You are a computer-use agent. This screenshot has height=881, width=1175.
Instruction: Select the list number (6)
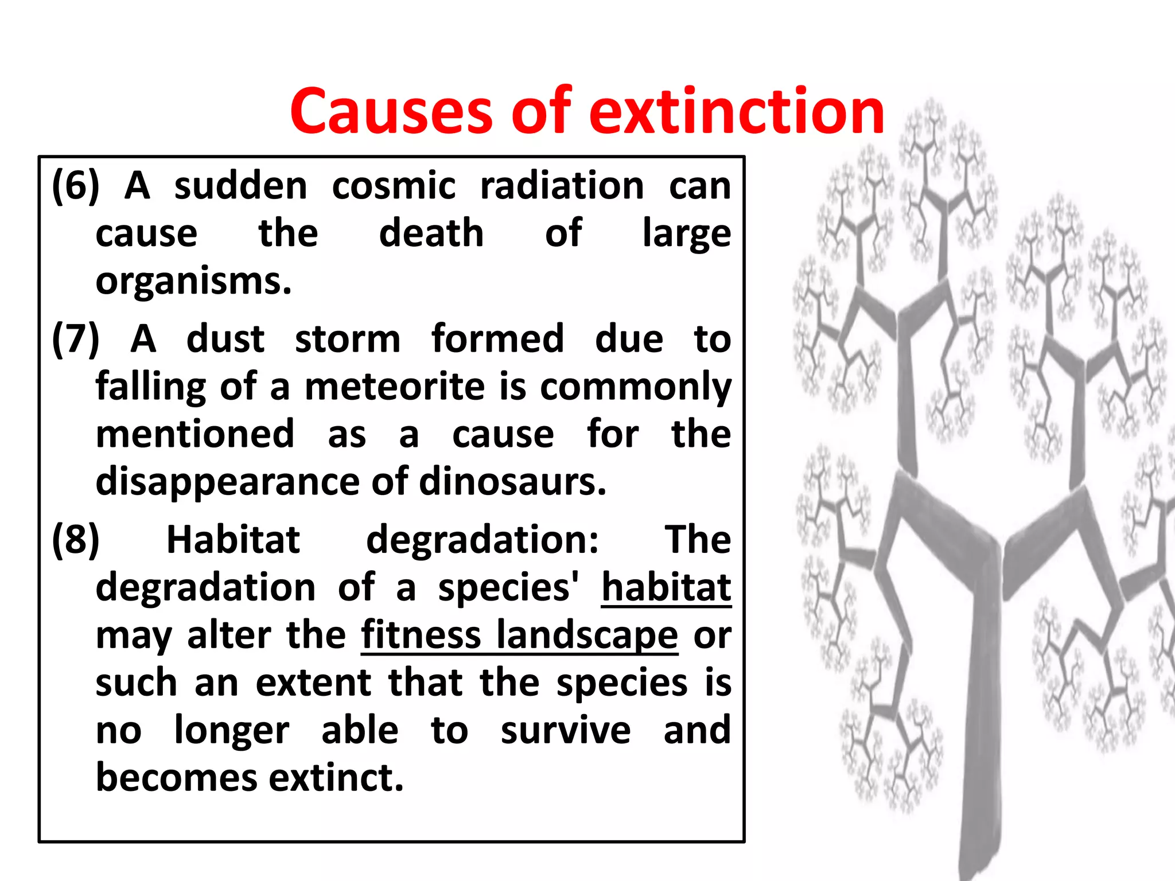click(75, 186)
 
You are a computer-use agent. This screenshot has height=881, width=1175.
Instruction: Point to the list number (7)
click(75, 338)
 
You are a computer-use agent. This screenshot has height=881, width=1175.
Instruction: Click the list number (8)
click(75, 540)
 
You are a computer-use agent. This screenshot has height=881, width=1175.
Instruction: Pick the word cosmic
click(394, 186)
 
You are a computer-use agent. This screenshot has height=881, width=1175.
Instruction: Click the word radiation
click(562, 186)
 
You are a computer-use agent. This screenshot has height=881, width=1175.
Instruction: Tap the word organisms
click(193, 282)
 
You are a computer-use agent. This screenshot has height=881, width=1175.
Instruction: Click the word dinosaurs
click(512, 482)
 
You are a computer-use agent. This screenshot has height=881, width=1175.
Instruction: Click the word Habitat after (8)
click(233, 540)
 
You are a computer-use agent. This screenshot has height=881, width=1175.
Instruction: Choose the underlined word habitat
click(666, 587)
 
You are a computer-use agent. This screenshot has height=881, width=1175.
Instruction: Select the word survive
click(565, 731)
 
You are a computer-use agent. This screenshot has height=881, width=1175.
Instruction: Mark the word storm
click(348, 338)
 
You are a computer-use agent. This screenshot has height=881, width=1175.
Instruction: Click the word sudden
click(241, 186)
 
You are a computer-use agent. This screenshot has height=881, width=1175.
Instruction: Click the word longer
click(232, 731)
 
